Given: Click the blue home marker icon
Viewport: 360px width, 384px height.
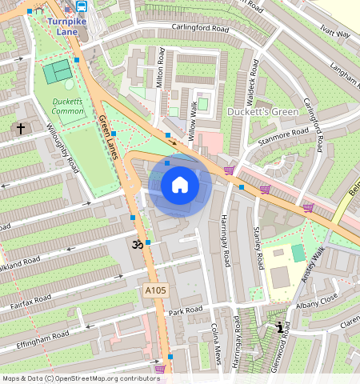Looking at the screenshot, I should [180, 186].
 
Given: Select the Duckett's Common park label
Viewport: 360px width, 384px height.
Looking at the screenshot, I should [67, 106].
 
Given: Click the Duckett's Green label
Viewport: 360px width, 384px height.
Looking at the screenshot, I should [262, 110].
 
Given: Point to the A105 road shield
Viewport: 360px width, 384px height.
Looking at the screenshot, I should [156, 290].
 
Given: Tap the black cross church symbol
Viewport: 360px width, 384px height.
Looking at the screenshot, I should [21, 128].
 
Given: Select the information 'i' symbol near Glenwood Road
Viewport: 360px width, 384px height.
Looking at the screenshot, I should [279, 327].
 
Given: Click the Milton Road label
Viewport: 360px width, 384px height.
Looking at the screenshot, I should [161, 67].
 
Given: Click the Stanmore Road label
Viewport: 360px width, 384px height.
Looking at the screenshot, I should [282, 136].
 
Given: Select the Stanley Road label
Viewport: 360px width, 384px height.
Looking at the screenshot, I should [258, 248].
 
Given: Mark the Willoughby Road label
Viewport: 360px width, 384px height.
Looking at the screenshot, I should [62, 148].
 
